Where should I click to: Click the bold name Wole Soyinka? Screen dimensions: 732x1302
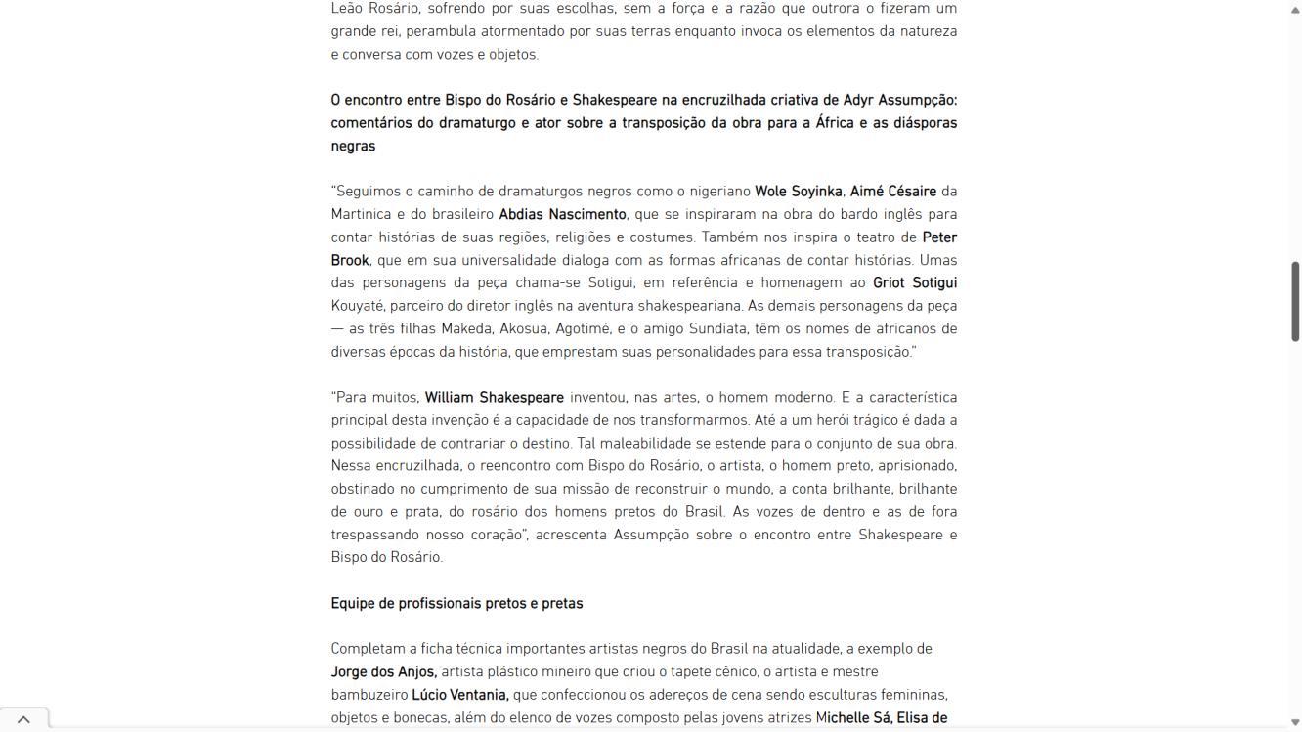tap(798, 192)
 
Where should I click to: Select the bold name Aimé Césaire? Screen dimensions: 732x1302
tap(892, 192)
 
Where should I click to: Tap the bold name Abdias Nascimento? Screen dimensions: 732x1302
tap(562, 214)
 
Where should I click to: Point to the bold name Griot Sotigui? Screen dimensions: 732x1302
tap(914, 282)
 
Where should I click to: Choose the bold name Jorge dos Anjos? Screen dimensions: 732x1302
tap(383, 672)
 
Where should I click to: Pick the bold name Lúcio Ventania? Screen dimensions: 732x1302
tap(459, 695)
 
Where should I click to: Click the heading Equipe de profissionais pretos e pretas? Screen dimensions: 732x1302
tap(456, 604)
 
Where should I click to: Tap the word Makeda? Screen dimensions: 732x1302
tap(466, 329)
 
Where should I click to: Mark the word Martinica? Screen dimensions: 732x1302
tap(361, 214)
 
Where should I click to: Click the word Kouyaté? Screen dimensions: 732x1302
tap(357, 306)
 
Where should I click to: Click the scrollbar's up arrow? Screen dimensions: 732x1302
tap(1295, 9)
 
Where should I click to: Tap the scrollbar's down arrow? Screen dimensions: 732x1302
tap(1295, 723)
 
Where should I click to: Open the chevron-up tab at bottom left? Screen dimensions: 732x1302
tap(23, 719)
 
